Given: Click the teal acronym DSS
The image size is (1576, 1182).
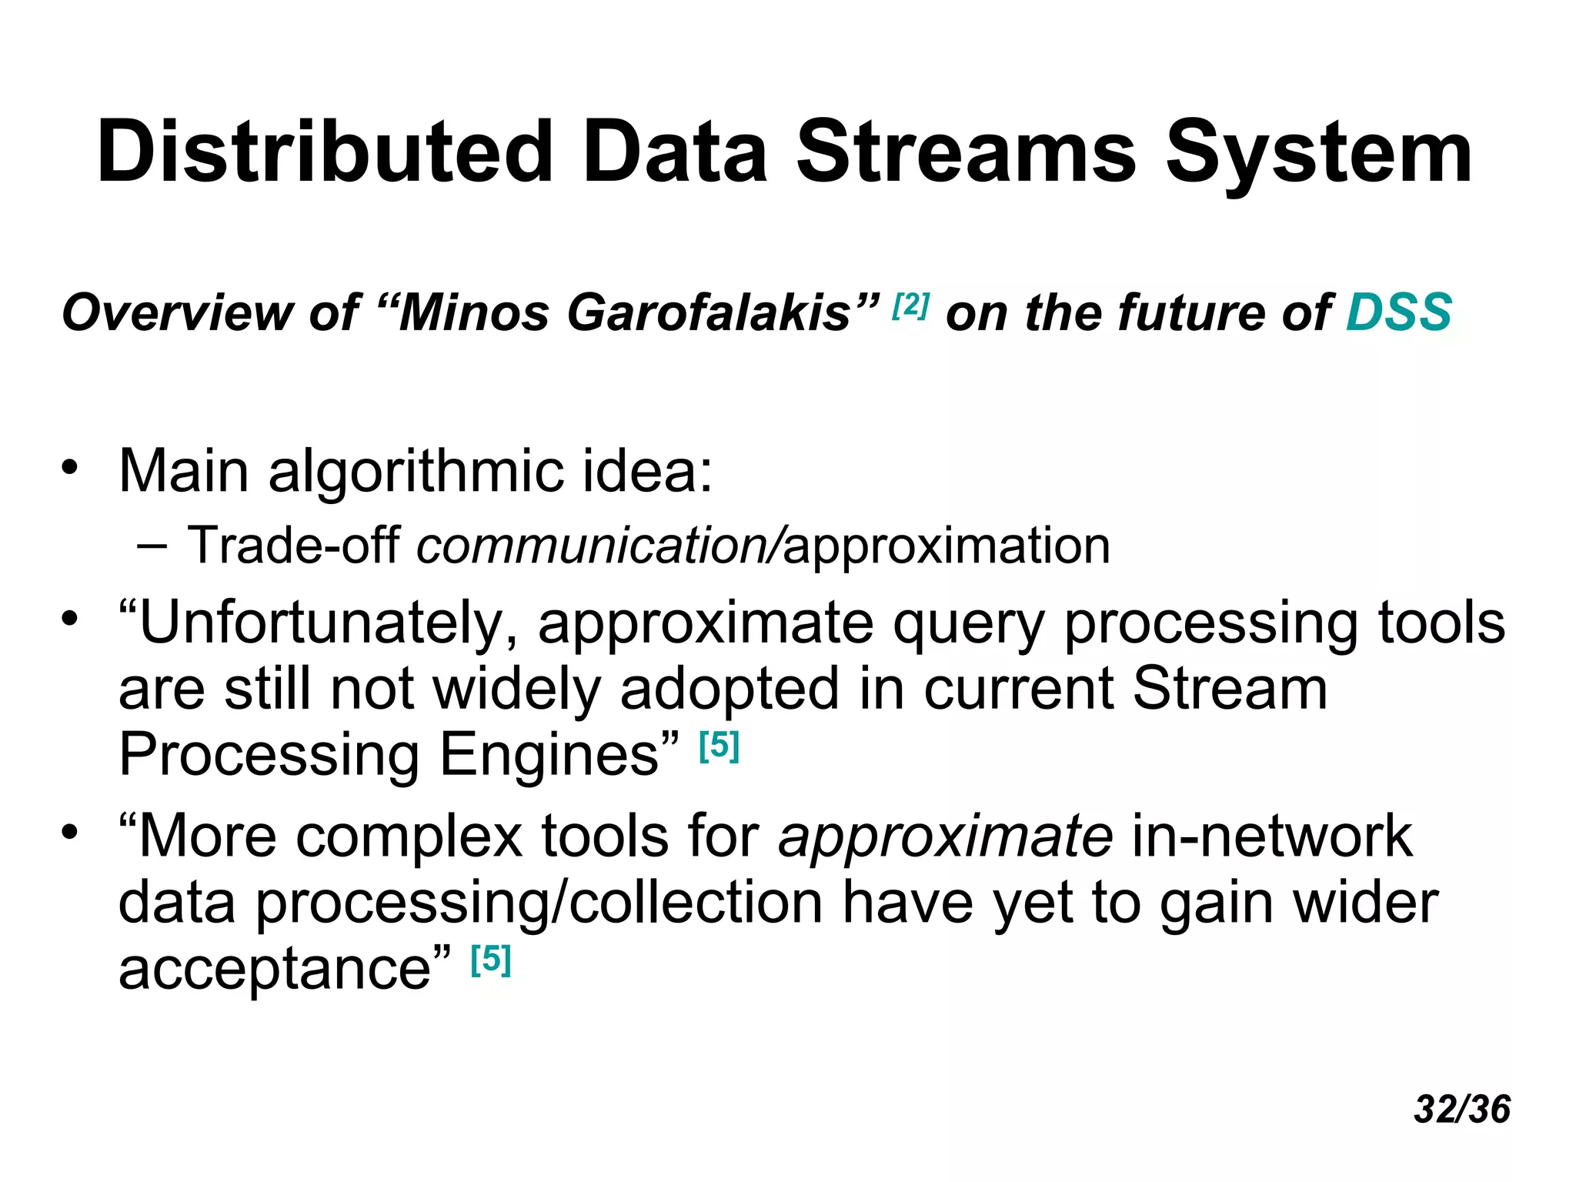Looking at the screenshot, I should (1398, 312).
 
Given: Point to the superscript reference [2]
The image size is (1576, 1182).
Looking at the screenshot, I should (911, 306).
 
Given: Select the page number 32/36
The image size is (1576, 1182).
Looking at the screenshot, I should (1462, 1109).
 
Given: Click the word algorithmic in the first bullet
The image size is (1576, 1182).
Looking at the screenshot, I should (416, 471).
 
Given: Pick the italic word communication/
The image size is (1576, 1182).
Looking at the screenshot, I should (599, 546).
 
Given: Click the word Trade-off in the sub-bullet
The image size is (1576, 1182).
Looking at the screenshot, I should (293, 545).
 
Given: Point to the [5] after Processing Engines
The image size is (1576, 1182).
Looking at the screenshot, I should (719, 746).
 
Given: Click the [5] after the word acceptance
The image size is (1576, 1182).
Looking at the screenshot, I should (491, 960).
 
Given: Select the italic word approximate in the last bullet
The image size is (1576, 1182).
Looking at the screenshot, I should (945, 837).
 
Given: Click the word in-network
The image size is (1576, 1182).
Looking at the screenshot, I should (1271, 836).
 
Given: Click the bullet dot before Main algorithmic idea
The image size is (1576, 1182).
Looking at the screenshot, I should (70, 467).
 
